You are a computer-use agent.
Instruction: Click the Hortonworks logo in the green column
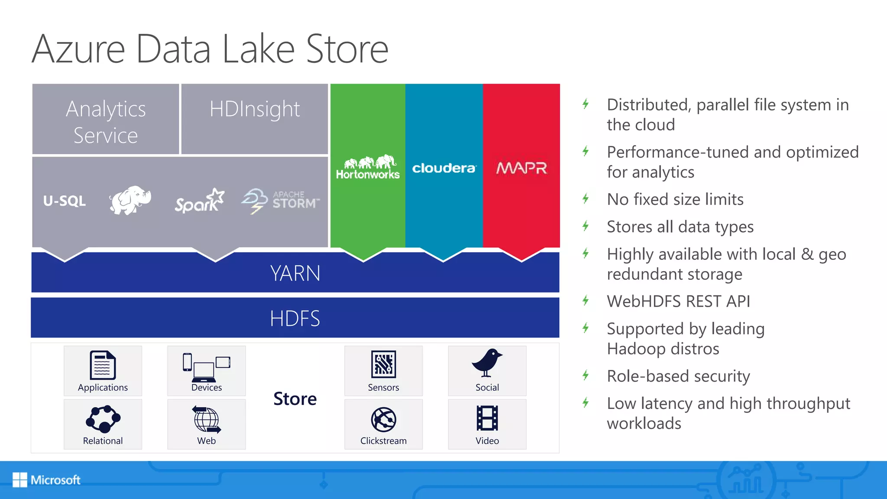point(368,167)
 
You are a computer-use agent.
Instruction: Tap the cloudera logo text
point(444,168)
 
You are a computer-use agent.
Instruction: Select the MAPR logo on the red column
point(521,168)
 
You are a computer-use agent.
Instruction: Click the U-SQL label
point(65,201)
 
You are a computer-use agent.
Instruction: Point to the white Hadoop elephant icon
point(130,200)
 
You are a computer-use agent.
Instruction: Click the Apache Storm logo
point(281,201)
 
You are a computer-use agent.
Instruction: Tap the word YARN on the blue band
point(295,273)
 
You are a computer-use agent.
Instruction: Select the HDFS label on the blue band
point(295,318)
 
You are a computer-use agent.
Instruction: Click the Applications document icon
point(103,365)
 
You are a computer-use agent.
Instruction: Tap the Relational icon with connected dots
point(103,419)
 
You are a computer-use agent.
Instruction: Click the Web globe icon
point(207,419)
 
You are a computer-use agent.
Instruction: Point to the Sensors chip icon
point(383,364)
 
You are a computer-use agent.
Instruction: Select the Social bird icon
point(487,363)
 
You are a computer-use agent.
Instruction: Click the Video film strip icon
point(487,418)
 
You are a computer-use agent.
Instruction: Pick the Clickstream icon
point(383,419)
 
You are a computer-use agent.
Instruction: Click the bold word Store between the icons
point(295,399)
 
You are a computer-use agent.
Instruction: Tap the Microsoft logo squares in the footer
point(20,480)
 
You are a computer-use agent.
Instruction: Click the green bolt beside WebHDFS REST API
point(586,301)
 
